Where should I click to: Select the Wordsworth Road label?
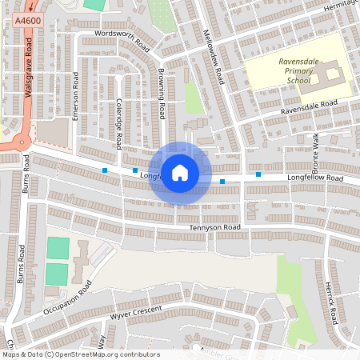(122, 38)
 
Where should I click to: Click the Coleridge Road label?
(118, 124)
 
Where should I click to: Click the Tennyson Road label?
(214, 228)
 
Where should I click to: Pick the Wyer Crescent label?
(136, 310)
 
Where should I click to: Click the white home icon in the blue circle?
(180, 172)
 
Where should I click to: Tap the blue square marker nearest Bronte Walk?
(258, 174)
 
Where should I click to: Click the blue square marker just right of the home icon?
(222, 182)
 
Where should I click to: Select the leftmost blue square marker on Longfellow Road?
(105, 170)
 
